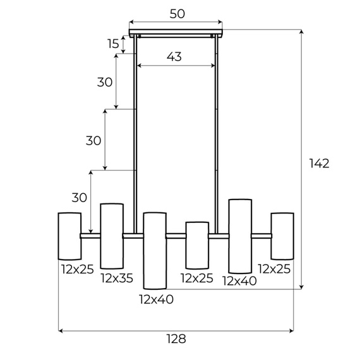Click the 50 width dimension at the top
click(176, 13)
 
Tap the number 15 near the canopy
click(113, 44)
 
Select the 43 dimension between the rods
click(174, 57)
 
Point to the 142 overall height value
click(319, 164)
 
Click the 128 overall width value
click(176, 339)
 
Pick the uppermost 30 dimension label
click(105, 82)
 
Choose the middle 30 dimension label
click(93, 141)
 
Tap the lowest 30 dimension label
click(79, 198)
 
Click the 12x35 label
click(117, 279)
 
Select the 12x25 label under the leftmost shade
click(77, 269)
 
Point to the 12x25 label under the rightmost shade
click(274, 269)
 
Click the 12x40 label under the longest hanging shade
click(156, 299)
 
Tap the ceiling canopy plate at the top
click(176, 32)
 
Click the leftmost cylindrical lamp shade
click(69, 236)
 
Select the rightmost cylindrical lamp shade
click(282, 236)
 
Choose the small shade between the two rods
click(196, 244)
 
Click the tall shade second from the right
click(240, 236)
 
